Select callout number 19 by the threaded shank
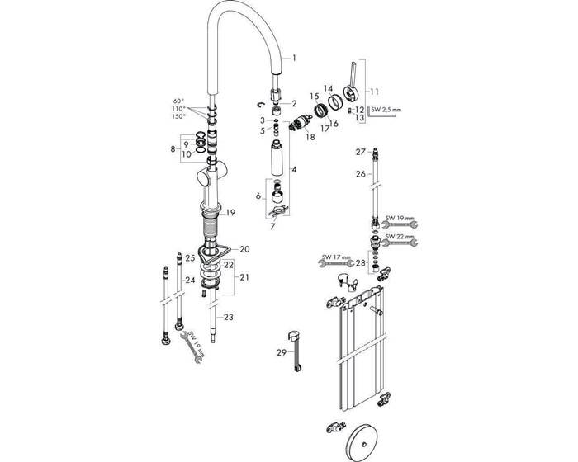click(230, 212)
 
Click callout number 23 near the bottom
click(230, 318)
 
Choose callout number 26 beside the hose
click(360, 174)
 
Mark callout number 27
click(360, 152)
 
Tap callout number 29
click(281, 352)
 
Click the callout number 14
click(327, 89)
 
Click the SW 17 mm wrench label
click(335, 256)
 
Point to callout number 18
click(310, 136)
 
